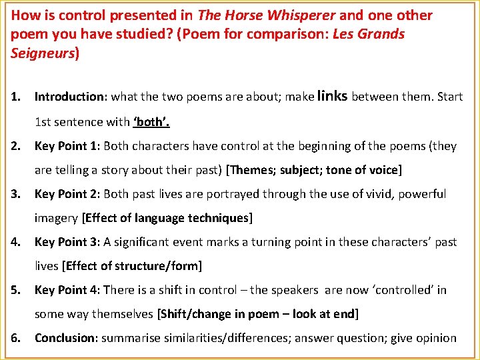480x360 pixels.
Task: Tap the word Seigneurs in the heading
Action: (x=42, y=53)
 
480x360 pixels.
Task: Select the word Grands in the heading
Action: (x=381, y=34)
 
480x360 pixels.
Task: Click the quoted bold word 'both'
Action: (x=151, y=122)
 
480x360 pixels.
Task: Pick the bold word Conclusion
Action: (x=66, y=338)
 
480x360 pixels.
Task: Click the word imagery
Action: (x=56, y=218)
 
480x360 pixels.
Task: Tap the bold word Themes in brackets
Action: (x=251, y=170)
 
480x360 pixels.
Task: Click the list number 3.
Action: (x=15, y=194)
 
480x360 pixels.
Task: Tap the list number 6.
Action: (x=15, y=338)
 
